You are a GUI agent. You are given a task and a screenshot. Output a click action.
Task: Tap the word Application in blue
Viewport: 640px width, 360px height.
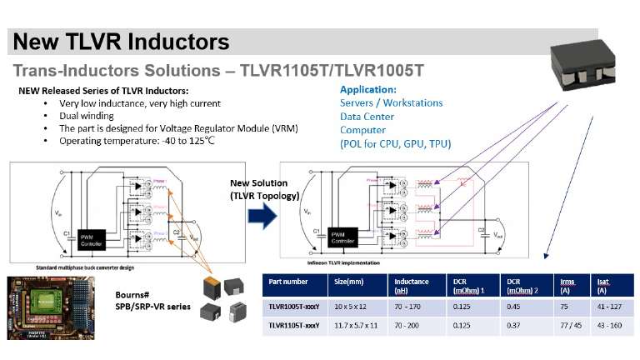[368, 89]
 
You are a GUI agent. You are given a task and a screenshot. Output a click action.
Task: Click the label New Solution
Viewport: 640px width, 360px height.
[258, 182]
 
